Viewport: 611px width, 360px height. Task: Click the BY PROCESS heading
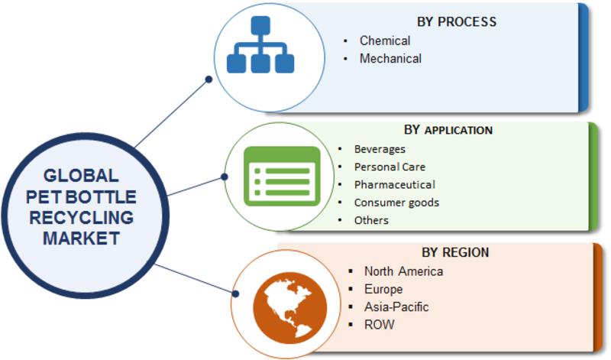[457, 22]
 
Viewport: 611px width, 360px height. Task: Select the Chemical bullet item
[385, 41]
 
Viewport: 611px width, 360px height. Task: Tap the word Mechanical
[390, 59]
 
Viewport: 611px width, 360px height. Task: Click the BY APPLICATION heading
[448, 130]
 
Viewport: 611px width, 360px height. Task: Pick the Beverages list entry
[380, 149]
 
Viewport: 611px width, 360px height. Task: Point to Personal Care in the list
[390, 167]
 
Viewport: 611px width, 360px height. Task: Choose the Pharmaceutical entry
[395, 184]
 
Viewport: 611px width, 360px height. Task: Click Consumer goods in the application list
[396, 203]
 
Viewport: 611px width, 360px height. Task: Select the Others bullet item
[371, 220]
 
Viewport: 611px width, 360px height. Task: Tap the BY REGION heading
[455, 252]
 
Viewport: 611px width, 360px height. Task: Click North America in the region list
[404, 271]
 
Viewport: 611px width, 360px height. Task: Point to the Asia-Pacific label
[396, 307]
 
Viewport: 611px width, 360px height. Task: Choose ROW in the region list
[379, 325]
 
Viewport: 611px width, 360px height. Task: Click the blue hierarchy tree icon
[260, 44]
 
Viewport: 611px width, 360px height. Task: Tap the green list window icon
[282, 177]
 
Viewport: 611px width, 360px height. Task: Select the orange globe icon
[290, 308]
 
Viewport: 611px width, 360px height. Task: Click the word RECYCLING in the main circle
[82, 218]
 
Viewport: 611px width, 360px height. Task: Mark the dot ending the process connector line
[209, 79]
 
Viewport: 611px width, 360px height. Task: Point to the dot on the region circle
[235, 294]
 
